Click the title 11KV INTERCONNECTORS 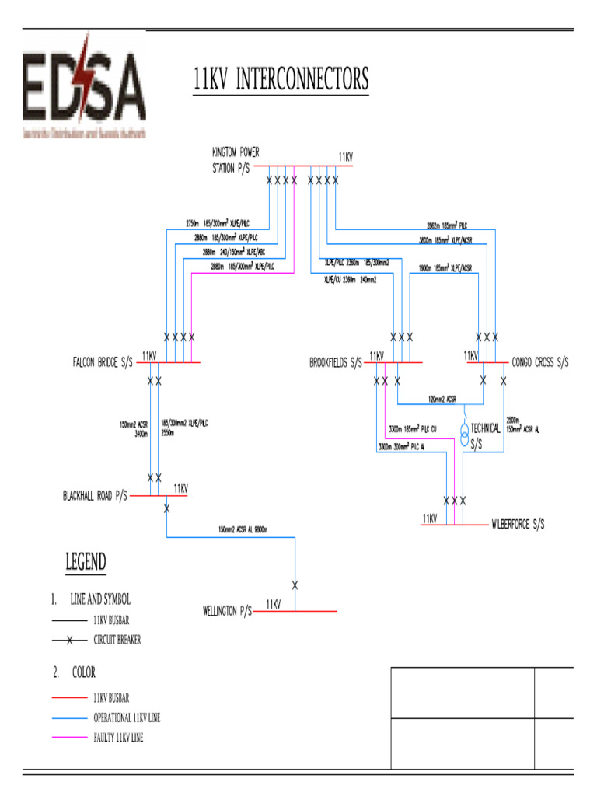tap(281, 80)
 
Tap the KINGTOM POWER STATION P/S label tap(236, 159)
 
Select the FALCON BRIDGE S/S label tap(103, 362)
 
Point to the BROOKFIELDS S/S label tap(336, 362)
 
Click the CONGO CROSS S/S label tap(540, 362)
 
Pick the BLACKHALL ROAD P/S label tap(95, 495)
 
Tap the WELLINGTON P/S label tap(223, 612)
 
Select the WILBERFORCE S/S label tap(518, 525)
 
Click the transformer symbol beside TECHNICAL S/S tap(463, 435)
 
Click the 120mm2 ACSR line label tap(442, 400)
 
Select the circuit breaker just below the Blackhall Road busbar tap(167, 508)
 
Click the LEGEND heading tap(85, 562)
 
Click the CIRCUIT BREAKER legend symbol tap(69, 641)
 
